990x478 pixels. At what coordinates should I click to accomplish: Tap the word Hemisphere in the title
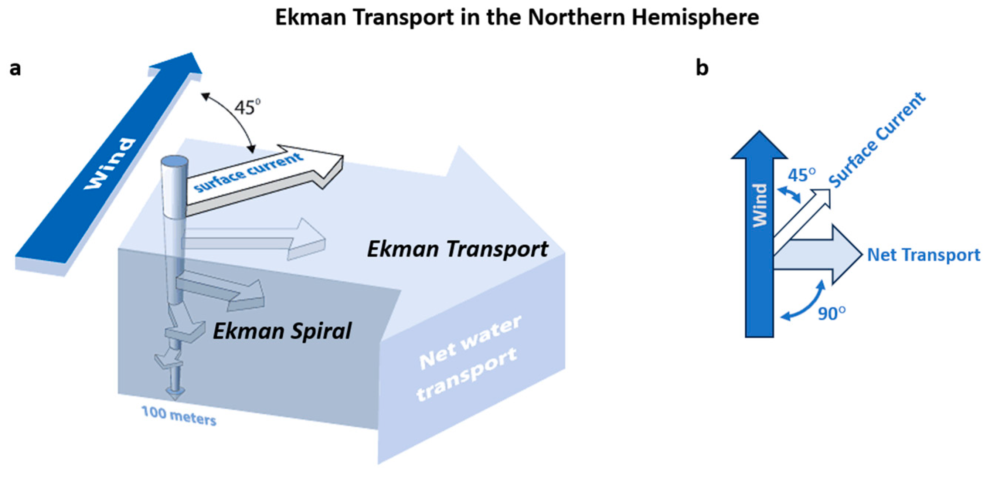(x=695, y=18)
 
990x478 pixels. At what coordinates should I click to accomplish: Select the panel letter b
(x=702, y=68)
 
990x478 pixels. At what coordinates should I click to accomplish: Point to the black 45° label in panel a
(x=248, y=107)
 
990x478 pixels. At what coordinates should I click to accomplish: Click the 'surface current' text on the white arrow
(x=248, y=172)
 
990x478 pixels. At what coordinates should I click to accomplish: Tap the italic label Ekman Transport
(x=457, y=249)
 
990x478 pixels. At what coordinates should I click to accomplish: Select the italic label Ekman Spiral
(x=282, y=331)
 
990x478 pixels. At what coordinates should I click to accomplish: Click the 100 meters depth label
(x=179, y=416)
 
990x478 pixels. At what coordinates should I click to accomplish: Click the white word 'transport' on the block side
(x=467, y=375)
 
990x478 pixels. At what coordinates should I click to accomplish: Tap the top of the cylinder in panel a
(x=175, y=161)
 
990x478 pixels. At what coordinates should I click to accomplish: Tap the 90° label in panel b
(x=831, y=314)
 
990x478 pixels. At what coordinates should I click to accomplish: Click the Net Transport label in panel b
(x=923, y=255)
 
